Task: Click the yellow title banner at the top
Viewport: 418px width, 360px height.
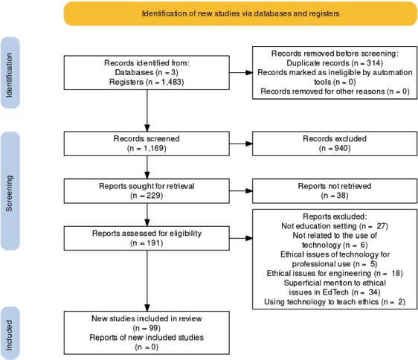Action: [x=240, y=13]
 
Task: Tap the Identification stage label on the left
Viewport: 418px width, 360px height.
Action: [x=10, y=73]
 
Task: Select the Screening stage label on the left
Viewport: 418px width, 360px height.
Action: [x=10, y=191]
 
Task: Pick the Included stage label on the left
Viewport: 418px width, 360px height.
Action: [x=10, y=333]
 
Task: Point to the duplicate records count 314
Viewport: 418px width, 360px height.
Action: [x=373, y=63]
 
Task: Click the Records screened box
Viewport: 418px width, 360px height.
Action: [x=147, y=144]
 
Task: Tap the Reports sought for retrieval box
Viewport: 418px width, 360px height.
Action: [x=147, y=191]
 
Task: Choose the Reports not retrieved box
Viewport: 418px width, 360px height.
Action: [x=335, y=191]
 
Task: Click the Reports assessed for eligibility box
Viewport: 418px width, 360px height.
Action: [x=147, y=238]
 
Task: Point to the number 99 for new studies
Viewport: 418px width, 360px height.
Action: [x=152, y=328]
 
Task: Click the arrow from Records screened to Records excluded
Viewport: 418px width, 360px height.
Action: [x=241, y=144]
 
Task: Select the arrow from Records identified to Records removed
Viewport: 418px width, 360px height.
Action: [x=241, y=73]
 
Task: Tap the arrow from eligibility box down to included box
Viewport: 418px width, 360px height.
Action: [x=147, y=281]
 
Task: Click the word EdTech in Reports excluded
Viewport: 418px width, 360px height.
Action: [x=335, y=292]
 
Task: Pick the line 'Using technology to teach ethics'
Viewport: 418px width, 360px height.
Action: [x=321, y=302]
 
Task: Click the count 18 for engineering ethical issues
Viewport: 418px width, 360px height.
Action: [x=396, y=273]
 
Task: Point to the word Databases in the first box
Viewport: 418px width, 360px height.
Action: [x=134, y=73]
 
